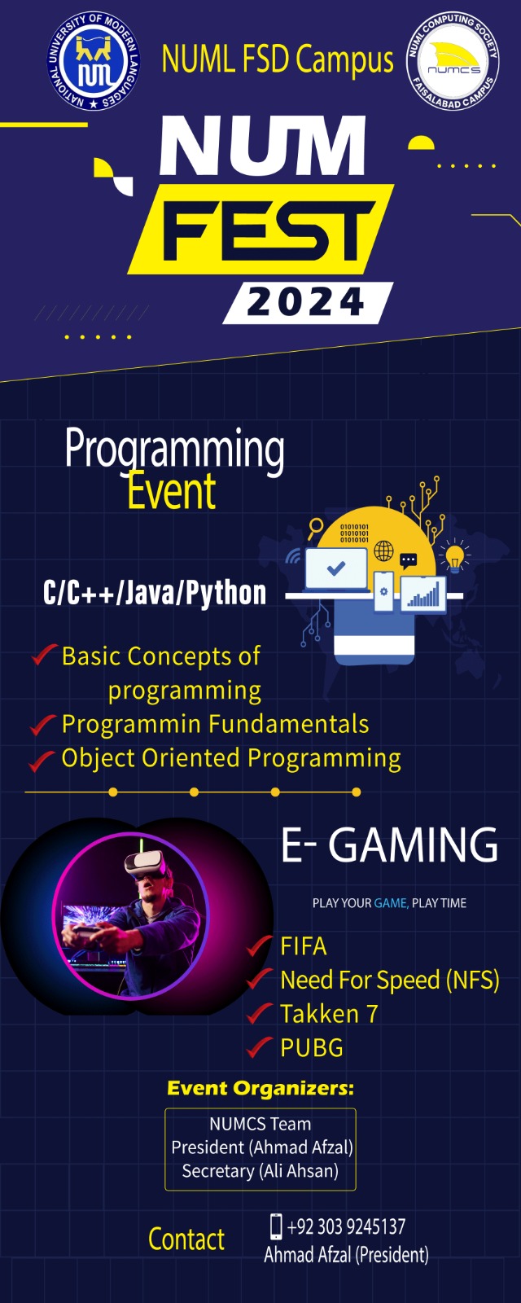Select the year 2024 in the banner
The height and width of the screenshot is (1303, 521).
(306, 302)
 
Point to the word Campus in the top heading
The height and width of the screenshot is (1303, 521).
(344, 60)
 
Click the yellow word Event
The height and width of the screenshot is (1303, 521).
(172, 492)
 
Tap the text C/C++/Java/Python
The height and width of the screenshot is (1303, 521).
(155, 594)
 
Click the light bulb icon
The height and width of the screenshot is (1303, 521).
(455, 557)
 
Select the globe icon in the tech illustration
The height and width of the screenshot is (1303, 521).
(383, 551)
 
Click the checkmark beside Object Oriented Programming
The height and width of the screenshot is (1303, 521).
(42, 761)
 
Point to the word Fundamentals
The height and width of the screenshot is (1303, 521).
(288, 724)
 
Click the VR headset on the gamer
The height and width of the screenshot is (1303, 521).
(145, 864)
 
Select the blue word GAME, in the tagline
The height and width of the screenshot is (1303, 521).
(392, 903)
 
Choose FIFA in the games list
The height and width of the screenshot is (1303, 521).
(303, 946)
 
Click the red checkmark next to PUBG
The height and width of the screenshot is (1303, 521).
(260, 1047)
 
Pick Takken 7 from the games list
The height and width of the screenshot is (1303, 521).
(329, 1014)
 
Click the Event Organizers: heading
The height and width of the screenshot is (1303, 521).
(260, 1088)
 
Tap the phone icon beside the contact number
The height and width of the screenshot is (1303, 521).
(276, 1226)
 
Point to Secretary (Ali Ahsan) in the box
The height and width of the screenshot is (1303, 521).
(260, 1170)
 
